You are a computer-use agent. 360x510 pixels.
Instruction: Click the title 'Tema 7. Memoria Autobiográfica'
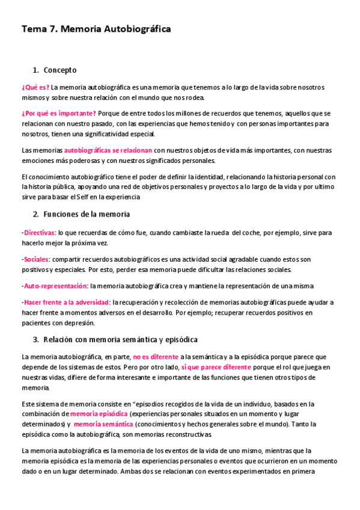tap(96, 29)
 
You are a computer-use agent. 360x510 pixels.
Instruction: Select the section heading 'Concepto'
tap(60, 70)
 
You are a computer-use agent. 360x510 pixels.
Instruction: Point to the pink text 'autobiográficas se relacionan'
tap(108, 150)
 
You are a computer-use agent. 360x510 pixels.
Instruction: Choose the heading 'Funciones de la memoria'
tap(87, 214)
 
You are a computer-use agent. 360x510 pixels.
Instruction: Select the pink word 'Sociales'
tap(36, 259)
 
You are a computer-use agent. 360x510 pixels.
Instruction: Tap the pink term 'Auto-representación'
tap(55, 286)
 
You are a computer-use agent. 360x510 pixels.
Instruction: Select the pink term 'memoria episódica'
tap(99, 414)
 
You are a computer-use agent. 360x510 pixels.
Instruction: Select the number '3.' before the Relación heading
tap(36, 340)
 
